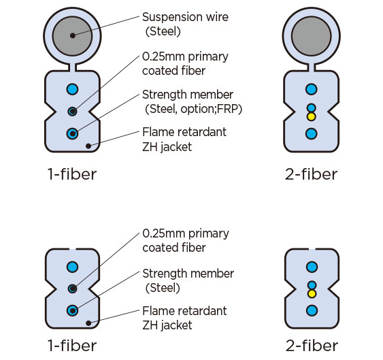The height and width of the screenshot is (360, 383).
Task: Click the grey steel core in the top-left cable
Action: pyautogui.click(x=72, y=33)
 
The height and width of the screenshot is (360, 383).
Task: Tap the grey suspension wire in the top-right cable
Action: pyautogui.click(x=311, y=33)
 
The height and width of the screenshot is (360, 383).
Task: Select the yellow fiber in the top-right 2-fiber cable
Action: pyautogui.click(x=311, y=116)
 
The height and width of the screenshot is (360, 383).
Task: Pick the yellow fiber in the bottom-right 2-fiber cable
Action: pyautogui.click(x=311, y=294)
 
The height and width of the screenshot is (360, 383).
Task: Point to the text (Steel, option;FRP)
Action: pyautogui.click(x=193, y=109)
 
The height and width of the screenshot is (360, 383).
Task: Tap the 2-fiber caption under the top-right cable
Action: pyautogui.click(x=311, y=174)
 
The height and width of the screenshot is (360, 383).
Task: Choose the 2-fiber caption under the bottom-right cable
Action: pyautogui.click(x=311, y=345)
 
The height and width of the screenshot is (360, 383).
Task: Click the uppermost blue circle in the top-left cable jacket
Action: pyautogui.click(x=72, y=89)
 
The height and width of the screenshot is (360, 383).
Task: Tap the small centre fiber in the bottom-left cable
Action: pyautogui.click(x=72, y=289)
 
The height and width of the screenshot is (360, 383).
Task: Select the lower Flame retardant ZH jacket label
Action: pyautogui.click(x=184, y=318)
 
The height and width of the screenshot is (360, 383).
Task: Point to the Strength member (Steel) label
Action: pyautogui.click(x=188, y=280)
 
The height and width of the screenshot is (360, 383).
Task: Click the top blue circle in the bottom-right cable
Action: pyautogui.click(x=311, y=267)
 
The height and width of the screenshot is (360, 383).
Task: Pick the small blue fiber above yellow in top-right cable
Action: pyautogui.click(x=311, y=108)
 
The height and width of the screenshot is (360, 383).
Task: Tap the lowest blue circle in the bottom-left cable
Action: pyautogui.click(x=72, y=311)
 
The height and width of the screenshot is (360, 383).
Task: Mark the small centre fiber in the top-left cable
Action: pyautogui.click(x=72, y=111)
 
